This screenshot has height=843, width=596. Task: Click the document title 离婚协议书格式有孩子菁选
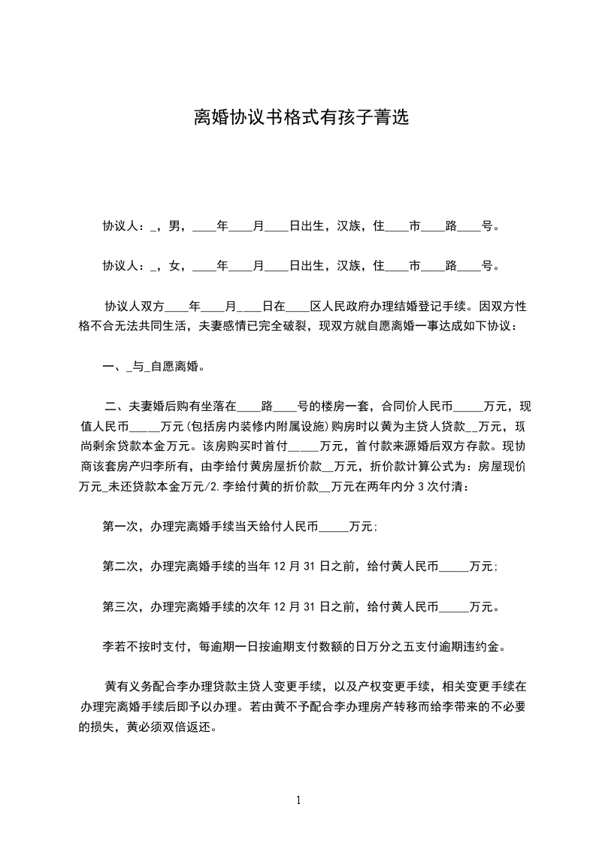point(298,118)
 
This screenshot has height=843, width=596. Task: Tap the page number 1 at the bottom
point(298,799)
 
